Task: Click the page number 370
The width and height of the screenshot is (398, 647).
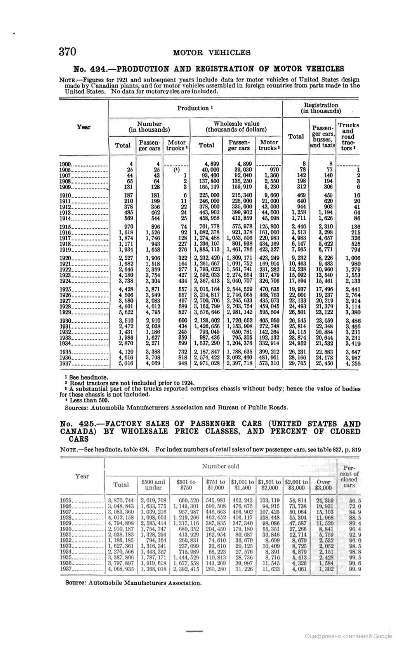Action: pyautogui.click(x=67, y=52)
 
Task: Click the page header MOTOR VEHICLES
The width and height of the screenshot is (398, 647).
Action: pyautogui.click(x=212, y=53)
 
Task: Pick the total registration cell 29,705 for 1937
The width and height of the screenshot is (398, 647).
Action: pyautogui.click(x=296, y=363)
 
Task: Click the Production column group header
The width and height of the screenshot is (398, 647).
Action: pyautogui.click(x=195, y=108)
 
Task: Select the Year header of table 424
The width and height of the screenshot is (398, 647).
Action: pyautogui.click(x=83, y=127)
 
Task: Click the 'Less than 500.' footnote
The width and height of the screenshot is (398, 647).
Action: pyautogui.click(x=89, y=400)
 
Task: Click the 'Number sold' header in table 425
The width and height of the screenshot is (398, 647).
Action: pyautogui.click(x=220, y=466)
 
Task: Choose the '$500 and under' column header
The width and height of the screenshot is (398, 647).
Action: pyautogui.click(x=153, y=484)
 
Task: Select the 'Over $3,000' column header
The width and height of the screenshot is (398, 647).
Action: pyautogui.click(x=323, y=484)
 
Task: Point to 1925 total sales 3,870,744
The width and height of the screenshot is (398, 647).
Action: pyautogui.click(x=121, y=501)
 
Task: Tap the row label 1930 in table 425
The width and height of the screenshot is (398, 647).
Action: pyautogui.click(x=66, y=529)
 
